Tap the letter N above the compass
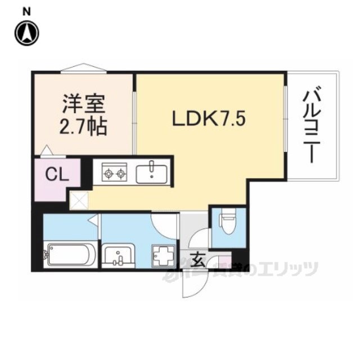(26, 10)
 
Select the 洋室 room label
(82, 106)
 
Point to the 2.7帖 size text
(82, 128)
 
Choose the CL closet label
(57, 175)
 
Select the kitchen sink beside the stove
(151, 172)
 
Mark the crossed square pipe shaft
(78, 199)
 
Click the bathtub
(69, 254)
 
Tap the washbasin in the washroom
(119, 256)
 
